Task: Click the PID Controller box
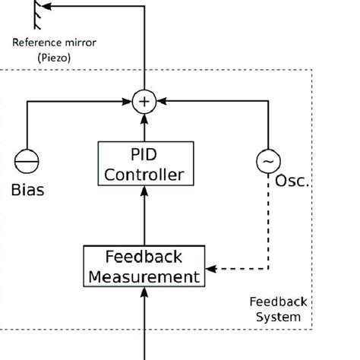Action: (x=144, y=164)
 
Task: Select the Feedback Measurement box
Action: (x=144, y=265)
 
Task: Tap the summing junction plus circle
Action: (x=144, y=101)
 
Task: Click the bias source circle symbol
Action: (x=27, y=163)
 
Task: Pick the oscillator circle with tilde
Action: (x=267, y=163)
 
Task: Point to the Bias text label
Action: (x=27, y=190)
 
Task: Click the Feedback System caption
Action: (x=276, y=309)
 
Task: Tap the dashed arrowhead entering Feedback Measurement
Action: (x=212, y=268)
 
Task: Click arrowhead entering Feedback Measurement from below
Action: (x=144, y=291)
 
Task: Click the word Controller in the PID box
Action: (x=144, y=175)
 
